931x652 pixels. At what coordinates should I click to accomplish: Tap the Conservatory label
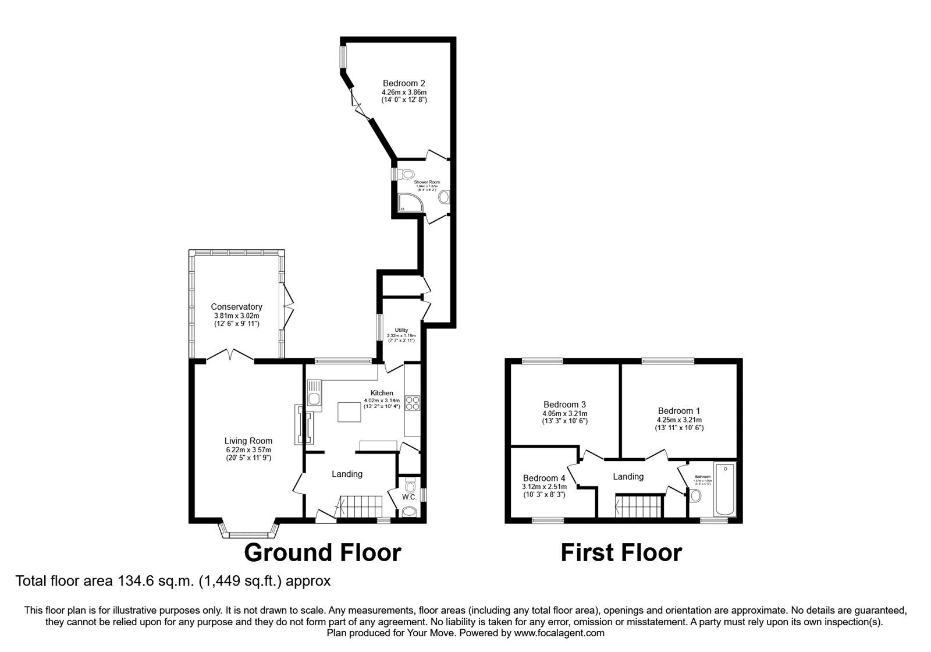pyautogui.click(x=236, y=307)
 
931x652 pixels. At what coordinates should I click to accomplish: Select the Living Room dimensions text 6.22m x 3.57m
pyautogui.click(x=248, y=449)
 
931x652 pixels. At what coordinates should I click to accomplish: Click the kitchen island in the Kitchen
pyautogui.click(x=350, y=412)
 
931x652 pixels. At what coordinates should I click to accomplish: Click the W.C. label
pyautogui.click(x=409, y=497)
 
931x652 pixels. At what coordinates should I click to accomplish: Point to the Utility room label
pyautogui.click(x=401, y=330)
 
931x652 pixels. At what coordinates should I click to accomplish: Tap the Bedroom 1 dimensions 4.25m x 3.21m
pyautogui.click(x=679, y=419)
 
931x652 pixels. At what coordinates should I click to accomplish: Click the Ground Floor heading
pyautogui.click(x=322, y=552)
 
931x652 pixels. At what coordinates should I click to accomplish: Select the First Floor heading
pyautogui.click(x=621, y=552)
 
